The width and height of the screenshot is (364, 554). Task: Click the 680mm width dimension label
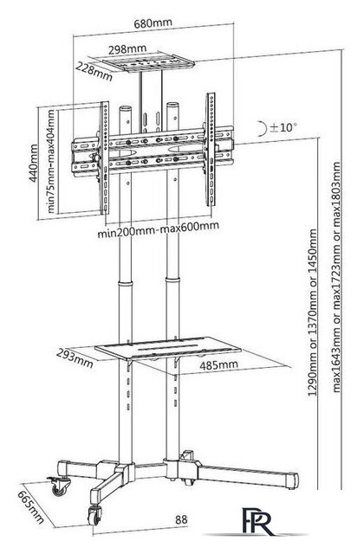tap(153, 23)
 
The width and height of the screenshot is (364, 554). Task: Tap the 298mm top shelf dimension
tap(127, 49)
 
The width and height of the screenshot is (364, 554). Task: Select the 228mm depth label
tap(94, 71)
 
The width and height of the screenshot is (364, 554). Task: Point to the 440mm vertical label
tap(34, 163)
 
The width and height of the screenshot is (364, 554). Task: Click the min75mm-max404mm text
tap(51, 161)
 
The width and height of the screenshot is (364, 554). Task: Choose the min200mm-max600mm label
tap(158, 230)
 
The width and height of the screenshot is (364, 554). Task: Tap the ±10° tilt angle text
tap(283, 127)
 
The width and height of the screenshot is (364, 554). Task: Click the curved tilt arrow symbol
tap(262, 128)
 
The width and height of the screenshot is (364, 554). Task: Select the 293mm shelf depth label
tap(75, 359)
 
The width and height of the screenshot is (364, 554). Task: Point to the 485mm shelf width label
tap(218, 364)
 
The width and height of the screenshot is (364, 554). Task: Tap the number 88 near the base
tap(181, 519)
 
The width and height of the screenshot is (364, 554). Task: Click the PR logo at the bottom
tap(257, 521)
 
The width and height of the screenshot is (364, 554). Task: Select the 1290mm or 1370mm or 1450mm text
tap(313, 312)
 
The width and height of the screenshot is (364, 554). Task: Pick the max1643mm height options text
tap(336, 277)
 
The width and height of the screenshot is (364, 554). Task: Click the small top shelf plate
tap(148, 62)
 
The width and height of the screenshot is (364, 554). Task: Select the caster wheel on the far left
tap(59, 486)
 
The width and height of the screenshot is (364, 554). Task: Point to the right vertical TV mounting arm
tap(211, 150)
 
